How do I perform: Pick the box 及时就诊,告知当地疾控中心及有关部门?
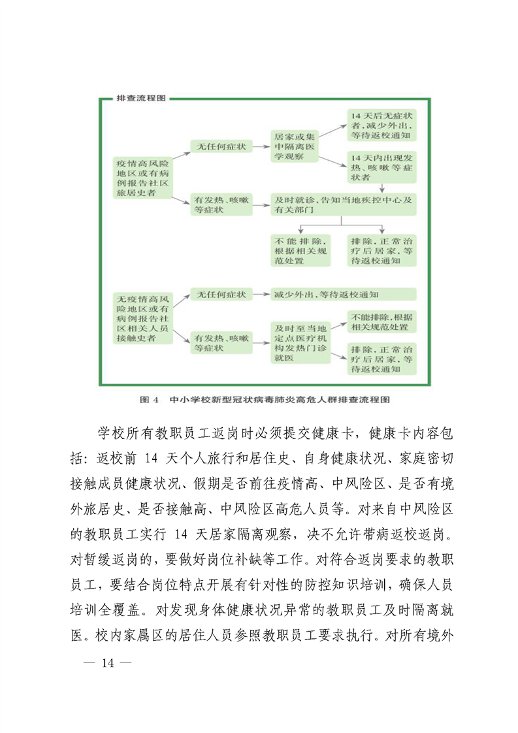click(344, 204)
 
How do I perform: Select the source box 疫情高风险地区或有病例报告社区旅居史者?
click(142, 176)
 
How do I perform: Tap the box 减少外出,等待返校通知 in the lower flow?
click(344, 295)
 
